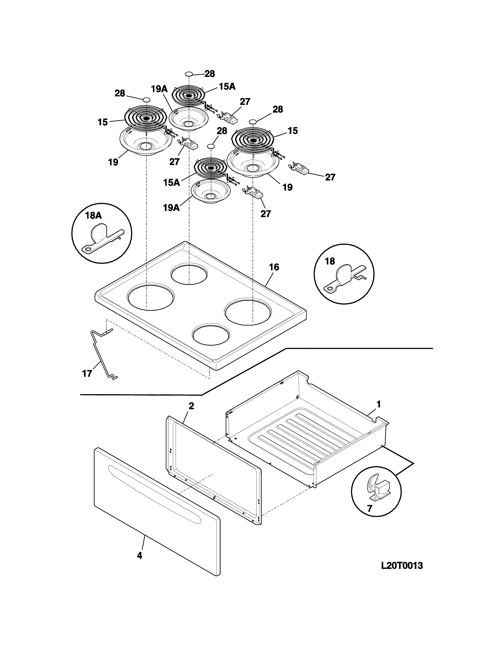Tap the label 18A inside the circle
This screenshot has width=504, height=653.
[93, 215]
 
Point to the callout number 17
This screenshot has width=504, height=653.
[87, 373]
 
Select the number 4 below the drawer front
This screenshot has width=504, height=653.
[139, 555]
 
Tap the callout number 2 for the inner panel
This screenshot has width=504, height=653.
[191, 406]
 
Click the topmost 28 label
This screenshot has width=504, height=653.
[210, 74]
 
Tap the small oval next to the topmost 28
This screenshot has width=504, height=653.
[189, 74]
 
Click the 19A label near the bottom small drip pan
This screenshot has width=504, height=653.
[171, 208]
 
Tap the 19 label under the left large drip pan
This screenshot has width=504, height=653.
[113, 162]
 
